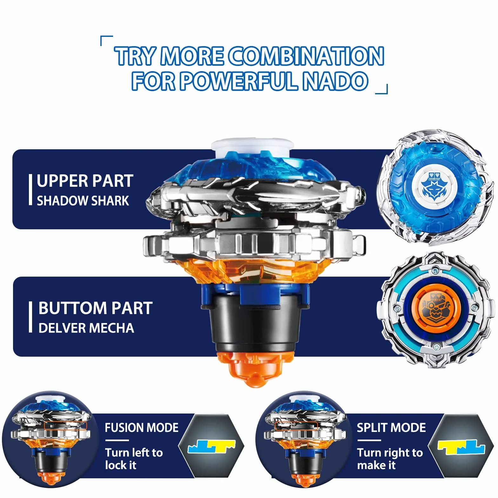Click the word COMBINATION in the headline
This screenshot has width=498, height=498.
click(x=306, y=56)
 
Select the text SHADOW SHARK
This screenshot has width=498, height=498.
click(x=83, y=201)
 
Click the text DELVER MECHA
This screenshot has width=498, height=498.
click(x=86, y=328)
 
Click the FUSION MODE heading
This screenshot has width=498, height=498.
click(x=142, y=427)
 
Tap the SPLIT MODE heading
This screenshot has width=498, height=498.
click(x=391, y=427)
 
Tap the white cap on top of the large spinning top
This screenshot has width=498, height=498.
click(x=252, y=147)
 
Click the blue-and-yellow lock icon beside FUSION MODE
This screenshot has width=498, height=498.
click(x=212, y=446)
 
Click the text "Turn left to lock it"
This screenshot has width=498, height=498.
click(x=134, y=459)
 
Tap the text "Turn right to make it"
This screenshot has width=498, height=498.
click(x=390, y=459)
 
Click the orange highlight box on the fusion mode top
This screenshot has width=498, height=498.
click(x=66, y=426)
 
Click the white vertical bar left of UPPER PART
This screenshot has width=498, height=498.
click(x=30, y=190)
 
